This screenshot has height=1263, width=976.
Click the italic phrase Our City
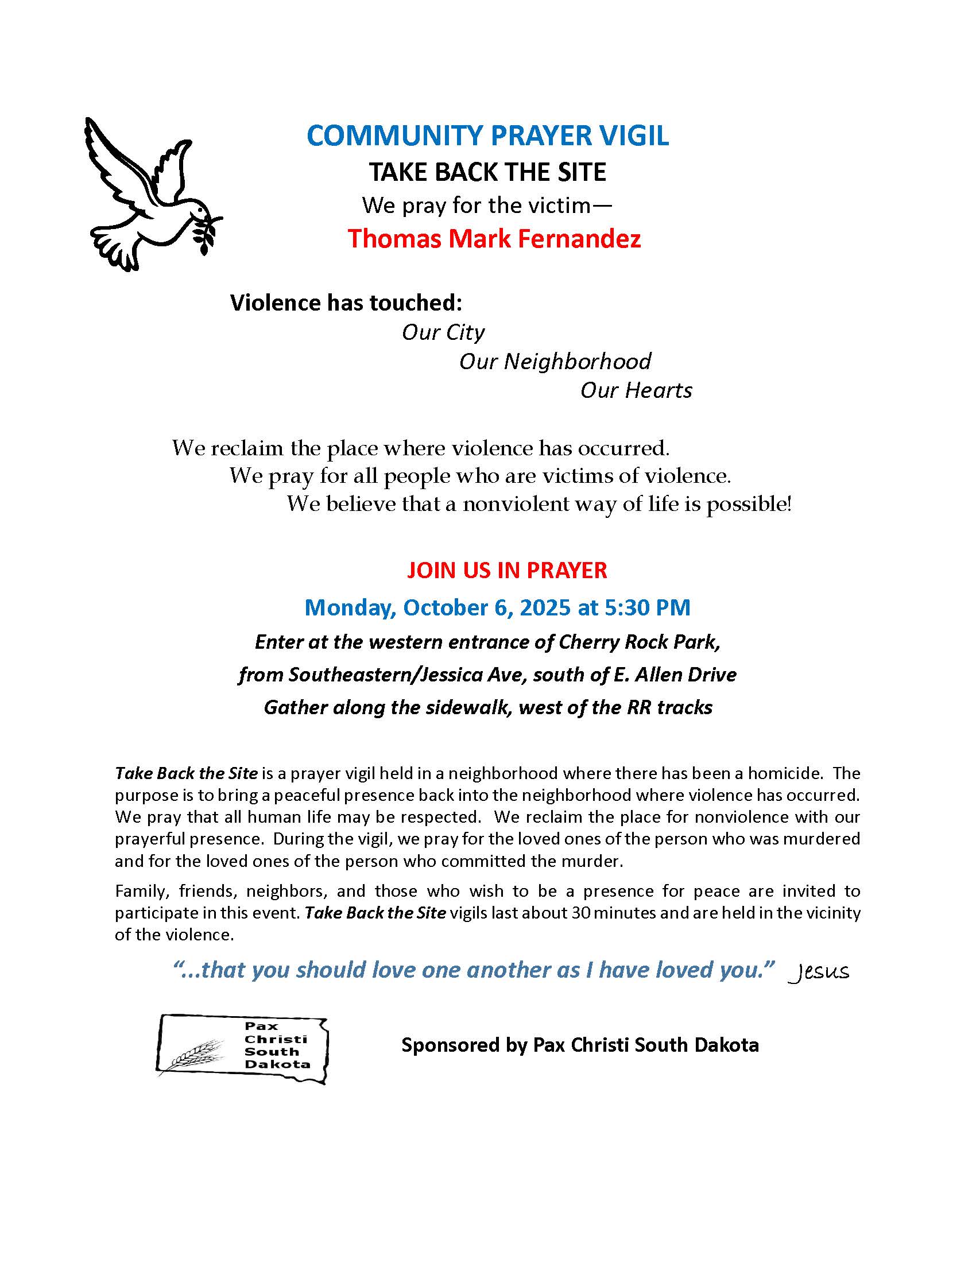443,332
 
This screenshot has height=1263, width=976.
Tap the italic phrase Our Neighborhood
555,362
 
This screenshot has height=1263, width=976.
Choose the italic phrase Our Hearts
636,390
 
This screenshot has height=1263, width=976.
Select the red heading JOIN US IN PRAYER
506,570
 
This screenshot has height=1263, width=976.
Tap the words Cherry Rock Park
639,642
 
